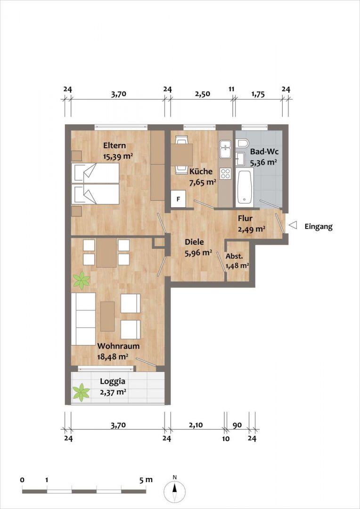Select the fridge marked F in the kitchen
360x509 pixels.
click(178, 199)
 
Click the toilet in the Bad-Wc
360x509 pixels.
click(243, 142)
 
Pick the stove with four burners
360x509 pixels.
click(225, 173)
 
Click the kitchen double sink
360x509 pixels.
click(225, 149)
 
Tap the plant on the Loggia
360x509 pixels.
click(81, 392)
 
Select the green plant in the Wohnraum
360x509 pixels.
click(81, 280)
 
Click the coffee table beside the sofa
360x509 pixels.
click(107, 317)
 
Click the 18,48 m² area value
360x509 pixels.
click(113, 357)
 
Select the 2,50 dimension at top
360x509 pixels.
click(202, 94)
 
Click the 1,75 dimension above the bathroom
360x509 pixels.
click(258, 94)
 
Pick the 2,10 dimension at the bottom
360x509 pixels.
click(196, 426)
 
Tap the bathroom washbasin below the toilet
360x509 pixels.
click(241, 159)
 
